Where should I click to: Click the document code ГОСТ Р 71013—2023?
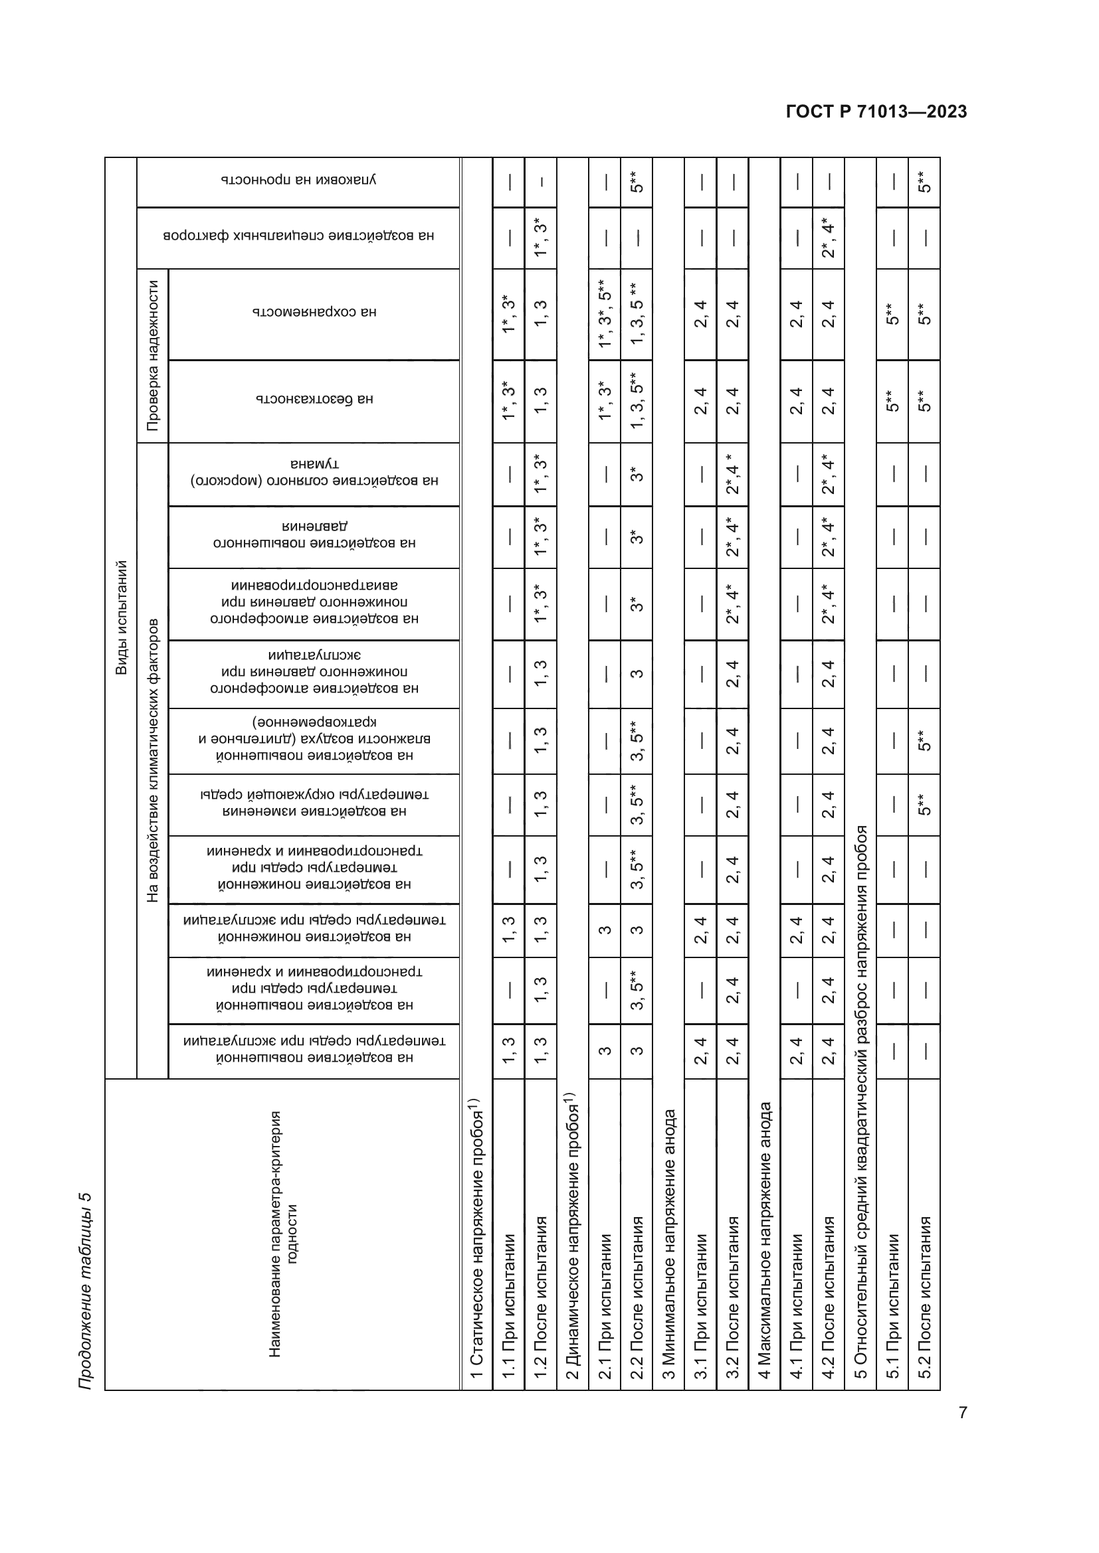point(876,112)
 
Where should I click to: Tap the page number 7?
point(962,1412)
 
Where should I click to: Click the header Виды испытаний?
point(121,617)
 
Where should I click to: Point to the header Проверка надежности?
point(153,356)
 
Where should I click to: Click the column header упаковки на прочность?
point(298,181)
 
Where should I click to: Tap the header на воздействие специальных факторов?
point(298,236)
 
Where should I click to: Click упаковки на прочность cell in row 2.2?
point(637,181)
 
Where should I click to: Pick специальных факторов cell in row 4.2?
point(829,237)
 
